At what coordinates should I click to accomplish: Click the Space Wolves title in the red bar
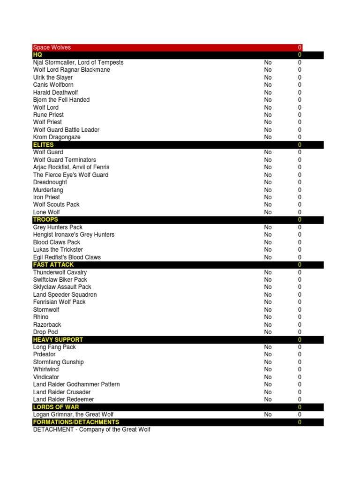click(x=52, y=47)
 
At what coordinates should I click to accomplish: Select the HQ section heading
click(x=37, y=55)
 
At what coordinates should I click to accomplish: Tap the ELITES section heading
click(x=43, y=145)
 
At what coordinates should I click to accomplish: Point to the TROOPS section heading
click(x=45, y=219)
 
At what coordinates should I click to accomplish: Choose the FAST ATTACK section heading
click(x=53, y=264)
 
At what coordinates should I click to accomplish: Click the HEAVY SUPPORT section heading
click(x=58, y=339)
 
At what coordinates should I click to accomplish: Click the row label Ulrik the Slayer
click(x=53, y=77)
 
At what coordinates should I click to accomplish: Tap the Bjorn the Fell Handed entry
click(x=61, y=100)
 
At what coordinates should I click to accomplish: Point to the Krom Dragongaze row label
click(x=57, y=137)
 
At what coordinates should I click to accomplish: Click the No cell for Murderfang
click(x=268, y=190)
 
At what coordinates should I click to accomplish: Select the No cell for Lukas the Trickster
click(x=268, y=250)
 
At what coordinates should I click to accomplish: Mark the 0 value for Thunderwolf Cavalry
click(x=300, y=272)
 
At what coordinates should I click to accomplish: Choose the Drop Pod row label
click(x=45, y=332)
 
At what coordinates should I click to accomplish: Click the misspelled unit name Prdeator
click(x=44, y=354)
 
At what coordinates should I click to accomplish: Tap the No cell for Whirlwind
click(x=268, y=369)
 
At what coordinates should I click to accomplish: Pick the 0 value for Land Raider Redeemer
click(x=300, y=399)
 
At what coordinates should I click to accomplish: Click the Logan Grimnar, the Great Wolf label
click(x=74, y=414)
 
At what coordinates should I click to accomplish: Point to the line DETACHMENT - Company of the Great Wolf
click(x=92, y=429)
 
